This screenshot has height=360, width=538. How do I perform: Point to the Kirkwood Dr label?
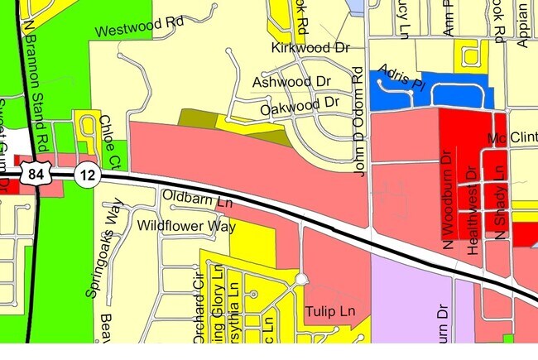pyautogui.click(x=311, y=48)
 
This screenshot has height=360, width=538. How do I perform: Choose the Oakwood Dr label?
pyautogui.click(x=300, y=105)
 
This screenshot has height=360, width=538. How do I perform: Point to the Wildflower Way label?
pyautogui.click(x=186, y=225)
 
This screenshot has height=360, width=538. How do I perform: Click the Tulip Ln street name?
pyautogui.click(x=329, y=312)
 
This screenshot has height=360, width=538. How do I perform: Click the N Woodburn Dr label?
pyautogui.click(x=448, y=199)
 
